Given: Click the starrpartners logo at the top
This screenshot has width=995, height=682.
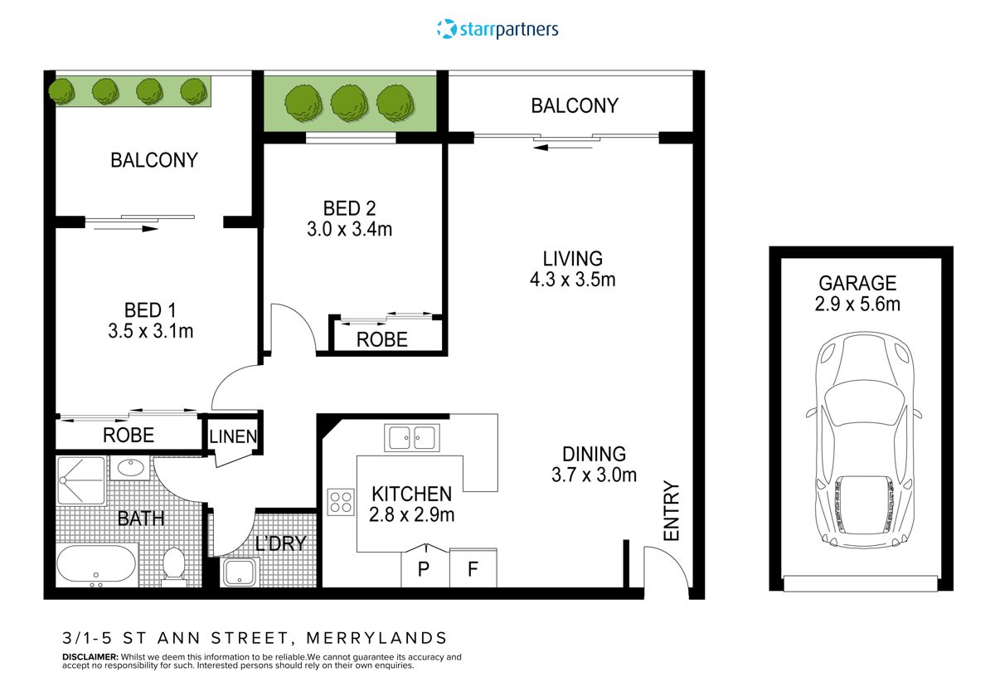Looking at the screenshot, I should [x=498, y=29].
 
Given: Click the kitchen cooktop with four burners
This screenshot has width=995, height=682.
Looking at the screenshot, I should [x=341, y=502].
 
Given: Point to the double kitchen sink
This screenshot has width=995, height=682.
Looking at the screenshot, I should [x=411, y=436].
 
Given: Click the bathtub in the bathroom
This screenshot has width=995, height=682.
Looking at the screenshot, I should [x=96, y=567].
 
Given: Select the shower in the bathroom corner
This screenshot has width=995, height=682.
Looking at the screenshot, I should [x=80, y=480].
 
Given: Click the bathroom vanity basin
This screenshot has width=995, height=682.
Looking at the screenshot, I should [x=130, y=467].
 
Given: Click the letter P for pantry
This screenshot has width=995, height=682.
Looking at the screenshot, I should [x=425, y=571].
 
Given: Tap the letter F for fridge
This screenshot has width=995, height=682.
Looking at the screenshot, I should [x=472, y=571].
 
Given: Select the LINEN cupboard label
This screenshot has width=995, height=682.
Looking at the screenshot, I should [x=232, y=436].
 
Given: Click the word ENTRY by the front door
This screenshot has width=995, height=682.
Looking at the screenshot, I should [x=670, y=512].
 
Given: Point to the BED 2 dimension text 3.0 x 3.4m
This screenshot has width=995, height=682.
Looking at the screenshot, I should [x=349, y=229].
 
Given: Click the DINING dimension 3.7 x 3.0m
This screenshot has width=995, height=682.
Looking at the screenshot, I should [x=593, y=475].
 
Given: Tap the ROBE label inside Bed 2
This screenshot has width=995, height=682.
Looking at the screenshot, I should [x=381, y=339].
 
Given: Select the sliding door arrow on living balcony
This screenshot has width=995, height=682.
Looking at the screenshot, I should [x=554, y=148].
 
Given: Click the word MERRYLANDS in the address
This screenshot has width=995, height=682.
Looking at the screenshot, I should [x=376, y=638].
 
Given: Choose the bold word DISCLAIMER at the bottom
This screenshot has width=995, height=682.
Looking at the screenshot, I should [x=90, y=656].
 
